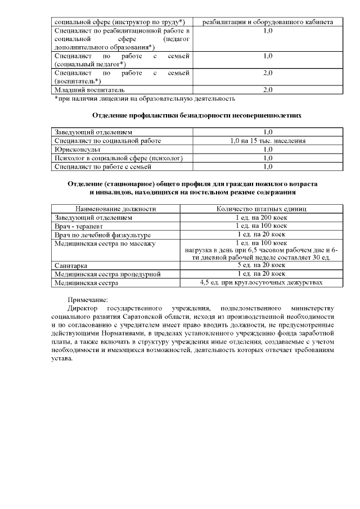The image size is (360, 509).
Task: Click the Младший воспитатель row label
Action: tap(89, 90)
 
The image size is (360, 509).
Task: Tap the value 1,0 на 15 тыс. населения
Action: tap(268, 141)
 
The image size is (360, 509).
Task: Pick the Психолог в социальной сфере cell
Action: tap(119, 158)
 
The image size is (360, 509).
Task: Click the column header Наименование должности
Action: tap(115, 209)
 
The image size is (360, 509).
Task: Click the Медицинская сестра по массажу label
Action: tap(105, 244)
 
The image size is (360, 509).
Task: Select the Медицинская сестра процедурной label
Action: tap(107, 274)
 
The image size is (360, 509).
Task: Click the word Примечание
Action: tap(88, 300)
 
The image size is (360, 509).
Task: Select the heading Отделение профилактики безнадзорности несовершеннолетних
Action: tap(197, 115)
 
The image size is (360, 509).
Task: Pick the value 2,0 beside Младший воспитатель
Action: tap(268, 90)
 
